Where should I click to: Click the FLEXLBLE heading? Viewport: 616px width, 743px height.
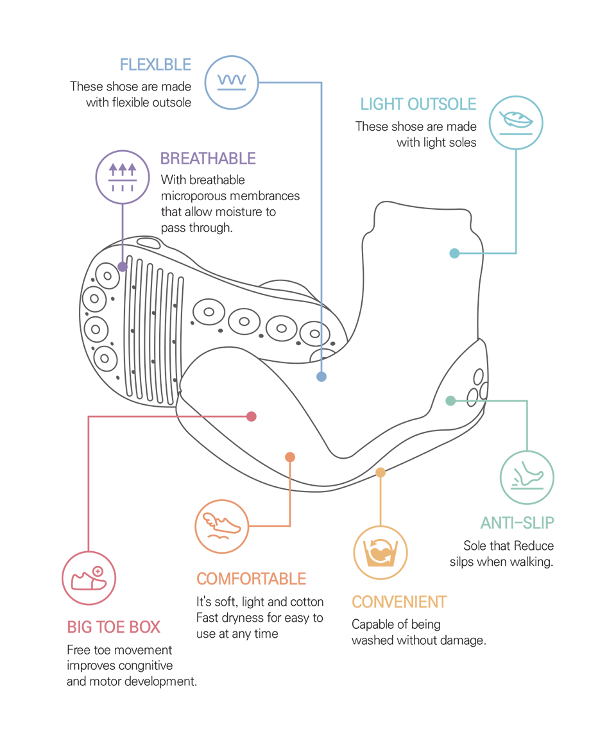click(155, 65)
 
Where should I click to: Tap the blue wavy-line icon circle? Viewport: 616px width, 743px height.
click(232, 82)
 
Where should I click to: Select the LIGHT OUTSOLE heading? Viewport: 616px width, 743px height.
click(418, 105)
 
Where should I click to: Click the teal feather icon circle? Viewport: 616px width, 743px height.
click(516, 123)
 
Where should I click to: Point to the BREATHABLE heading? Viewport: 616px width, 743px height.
click(208, 158)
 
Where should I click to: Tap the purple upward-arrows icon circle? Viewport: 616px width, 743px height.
click(123, 177)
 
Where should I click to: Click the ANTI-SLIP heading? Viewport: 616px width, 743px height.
click(517, 523)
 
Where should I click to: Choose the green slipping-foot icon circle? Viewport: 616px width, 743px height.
click(527, 477)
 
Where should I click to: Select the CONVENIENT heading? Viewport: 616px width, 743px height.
click(399, 602)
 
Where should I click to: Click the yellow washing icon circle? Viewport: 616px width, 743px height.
click(381, 552)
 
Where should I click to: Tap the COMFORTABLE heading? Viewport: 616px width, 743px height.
click(252, 579)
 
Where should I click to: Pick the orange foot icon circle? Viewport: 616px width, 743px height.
click(222, 526)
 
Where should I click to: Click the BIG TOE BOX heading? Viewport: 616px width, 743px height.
click(114, 628)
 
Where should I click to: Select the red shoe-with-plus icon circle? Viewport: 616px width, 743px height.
click(89, 577)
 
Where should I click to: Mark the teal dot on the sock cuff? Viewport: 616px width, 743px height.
click(454, 253)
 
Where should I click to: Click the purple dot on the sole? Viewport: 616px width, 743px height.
click(123, 266)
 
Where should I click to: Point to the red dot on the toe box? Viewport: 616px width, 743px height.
click(252, 416)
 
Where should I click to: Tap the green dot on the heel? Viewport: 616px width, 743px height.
click(450, 400)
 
